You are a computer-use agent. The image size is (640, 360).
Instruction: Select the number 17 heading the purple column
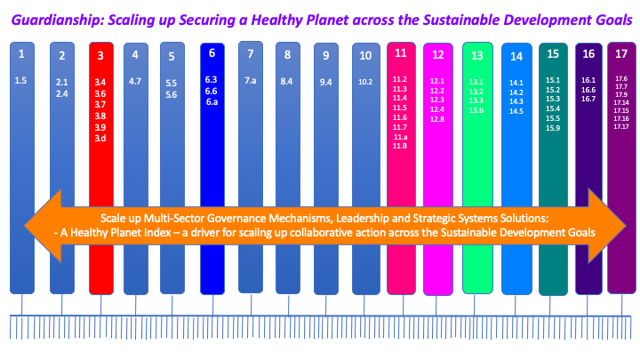click(621, 54)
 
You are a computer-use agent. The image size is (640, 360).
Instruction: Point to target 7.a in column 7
click(251, 80)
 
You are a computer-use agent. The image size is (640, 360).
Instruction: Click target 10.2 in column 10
click(365, 82)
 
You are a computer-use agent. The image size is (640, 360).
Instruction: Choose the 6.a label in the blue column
click(212, 102)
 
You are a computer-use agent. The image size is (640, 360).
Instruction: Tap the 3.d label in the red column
click(100, 138)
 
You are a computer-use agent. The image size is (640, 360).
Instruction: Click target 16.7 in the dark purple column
click(588, 99)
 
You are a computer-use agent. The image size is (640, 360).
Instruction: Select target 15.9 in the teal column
click(553, 129)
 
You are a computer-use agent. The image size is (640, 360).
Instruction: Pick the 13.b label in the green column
click(477, 110)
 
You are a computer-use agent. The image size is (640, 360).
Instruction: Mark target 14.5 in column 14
click(516, 111)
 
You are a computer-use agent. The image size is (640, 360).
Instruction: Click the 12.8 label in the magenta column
click(437, 119)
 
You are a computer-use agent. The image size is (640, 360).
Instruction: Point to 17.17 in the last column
click(621, 126)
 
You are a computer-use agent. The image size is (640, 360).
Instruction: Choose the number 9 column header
click(326, 56)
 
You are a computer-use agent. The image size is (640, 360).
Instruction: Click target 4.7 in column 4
click(136, 81)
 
